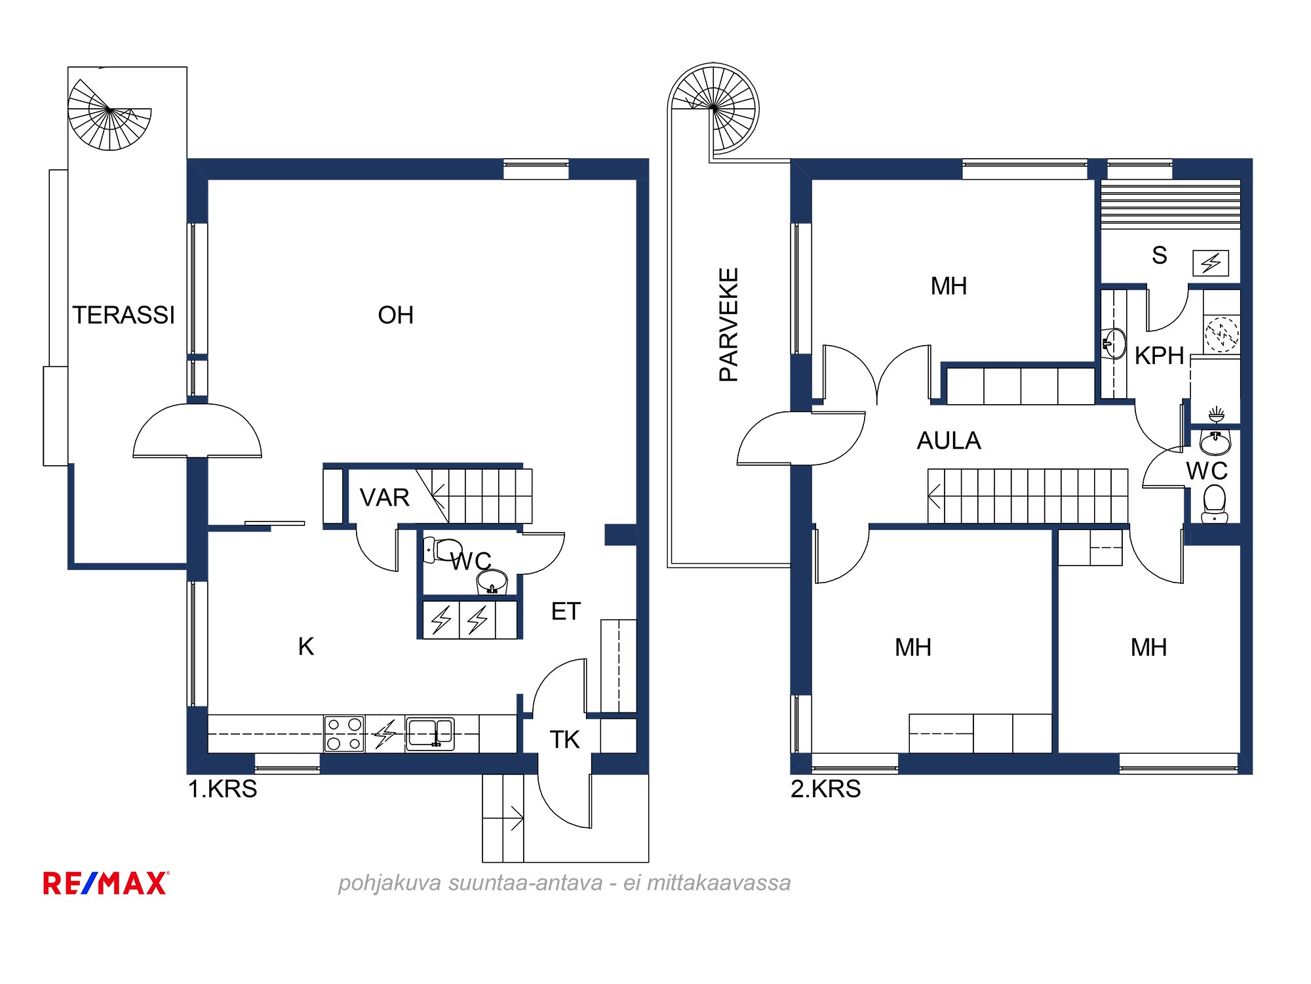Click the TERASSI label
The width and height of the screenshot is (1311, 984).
point(124,315)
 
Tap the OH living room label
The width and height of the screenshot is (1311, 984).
point(395,315)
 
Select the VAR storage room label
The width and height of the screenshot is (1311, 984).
point(385,497)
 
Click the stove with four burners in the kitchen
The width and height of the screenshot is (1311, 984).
point(344,733)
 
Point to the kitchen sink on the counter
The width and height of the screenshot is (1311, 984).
point(430,733)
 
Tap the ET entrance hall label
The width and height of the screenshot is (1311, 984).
point(566,611)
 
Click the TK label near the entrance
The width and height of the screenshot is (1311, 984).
point(564,739)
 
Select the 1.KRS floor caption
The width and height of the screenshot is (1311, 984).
point(222,789)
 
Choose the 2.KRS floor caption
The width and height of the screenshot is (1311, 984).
point(825,789)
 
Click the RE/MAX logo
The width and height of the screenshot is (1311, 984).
point(106,883)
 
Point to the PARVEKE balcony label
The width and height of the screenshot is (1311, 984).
point(729,324)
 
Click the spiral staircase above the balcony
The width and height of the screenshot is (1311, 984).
point(714,108)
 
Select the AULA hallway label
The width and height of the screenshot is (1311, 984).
point(949,440)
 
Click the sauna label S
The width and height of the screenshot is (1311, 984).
point(1159,255)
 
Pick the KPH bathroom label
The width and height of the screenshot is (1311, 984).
point(1159,356)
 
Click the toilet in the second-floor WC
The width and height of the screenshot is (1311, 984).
point(1215,504)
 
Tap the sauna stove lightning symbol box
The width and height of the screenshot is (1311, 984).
point(1211,263)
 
